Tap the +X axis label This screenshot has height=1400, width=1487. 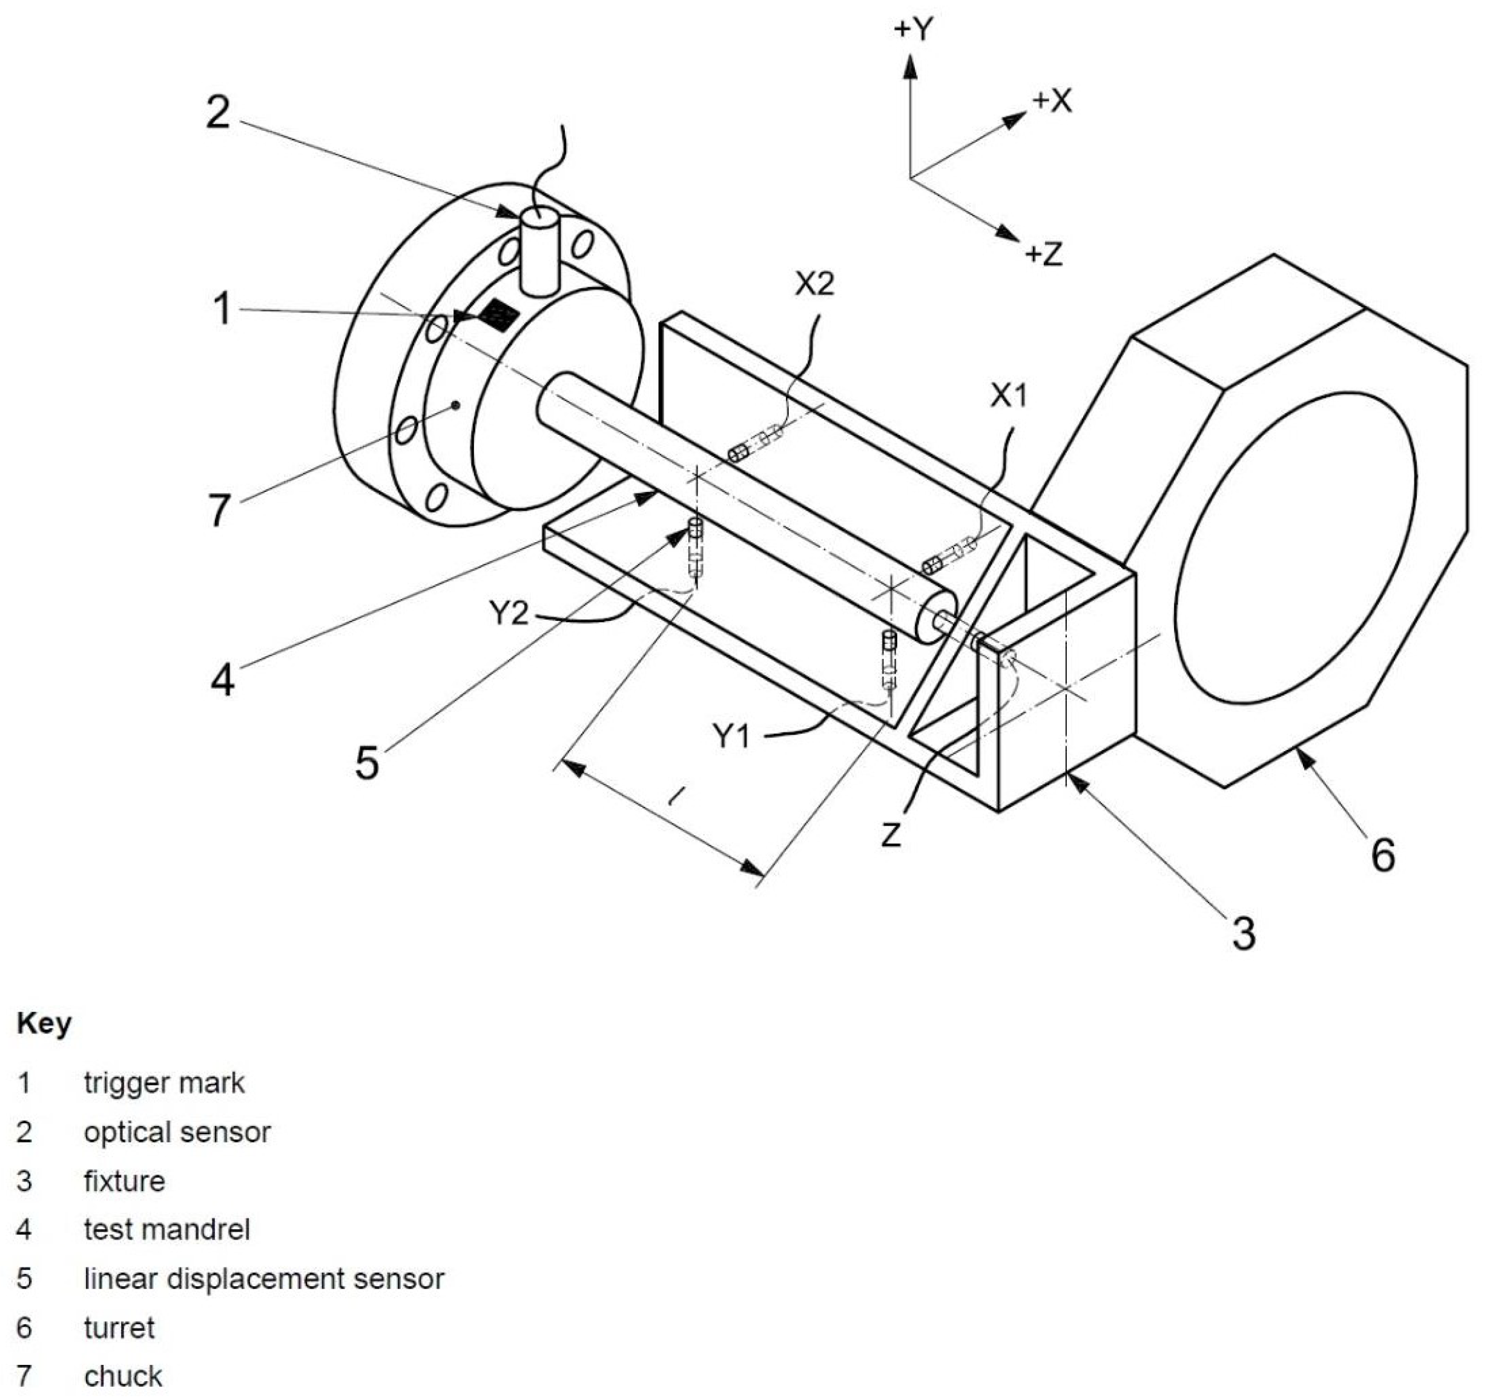coord(1052,101)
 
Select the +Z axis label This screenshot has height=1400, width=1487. coord(1044,254)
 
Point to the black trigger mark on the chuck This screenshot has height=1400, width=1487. coord(498,315)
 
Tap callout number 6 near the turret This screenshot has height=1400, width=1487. coord(1383,855)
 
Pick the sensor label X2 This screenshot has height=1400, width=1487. coord(814,284)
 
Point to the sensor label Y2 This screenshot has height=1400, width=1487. coord(509,614)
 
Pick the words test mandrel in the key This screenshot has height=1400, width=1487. coord(167,1229)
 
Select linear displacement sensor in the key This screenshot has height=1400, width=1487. coord(264,1278)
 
